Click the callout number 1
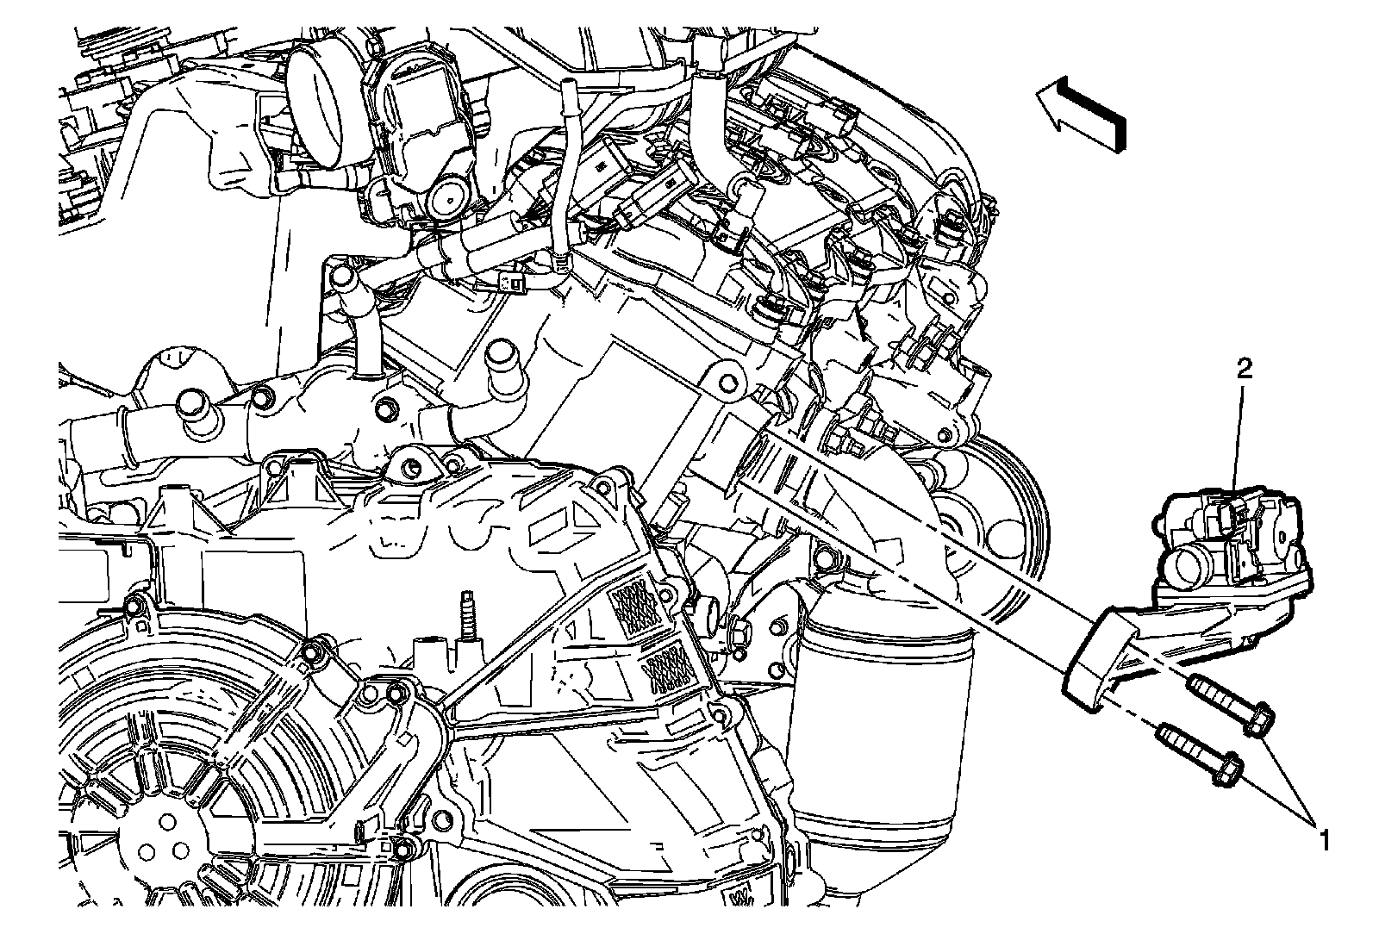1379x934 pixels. click(x=1323, y=840)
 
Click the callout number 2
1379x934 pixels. click(x=1245, y=369)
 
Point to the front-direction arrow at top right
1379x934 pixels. click(x=1081, y=114)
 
